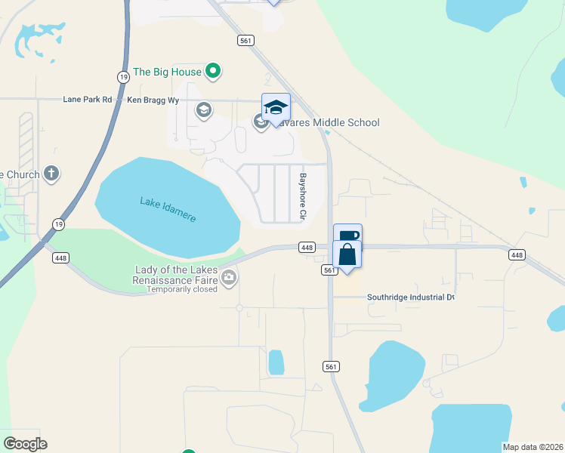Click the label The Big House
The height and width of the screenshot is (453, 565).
coord(167,72)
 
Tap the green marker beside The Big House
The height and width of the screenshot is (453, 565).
coord(214,72)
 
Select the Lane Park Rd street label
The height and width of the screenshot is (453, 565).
coord(88,99)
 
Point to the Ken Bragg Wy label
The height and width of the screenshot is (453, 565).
coord(153,99)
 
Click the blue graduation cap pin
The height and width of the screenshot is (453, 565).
coord(276,108)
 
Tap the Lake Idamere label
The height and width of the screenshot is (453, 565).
coord(168,209)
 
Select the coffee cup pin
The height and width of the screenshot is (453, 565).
coord(347,236)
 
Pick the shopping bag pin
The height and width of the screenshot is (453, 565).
coord(347,254)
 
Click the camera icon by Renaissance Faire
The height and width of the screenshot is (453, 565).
coord(229,279)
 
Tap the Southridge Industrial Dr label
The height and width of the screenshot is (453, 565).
coord(411,297)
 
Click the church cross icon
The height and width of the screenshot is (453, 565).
coord(51,174)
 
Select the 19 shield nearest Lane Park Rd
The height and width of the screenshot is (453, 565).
coord(123,77)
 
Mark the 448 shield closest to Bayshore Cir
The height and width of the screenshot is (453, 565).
coord(307,248)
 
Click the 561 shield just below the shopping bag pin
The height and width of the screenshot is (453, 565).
coord(329,270)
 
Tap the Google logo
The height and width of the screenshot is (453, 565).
coord(25,444)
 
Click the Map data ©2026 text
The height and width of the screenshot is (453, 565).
coord(533,447)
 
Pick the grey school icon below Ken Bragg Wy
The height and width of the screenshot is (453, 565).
coord(203,112)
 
